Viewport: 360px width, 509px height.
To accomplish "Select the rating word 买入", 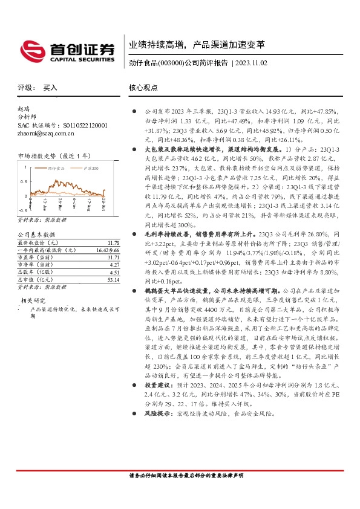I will click(50, 88).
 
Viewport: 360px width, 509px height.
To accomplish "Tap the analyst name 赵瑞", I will click(24, 109).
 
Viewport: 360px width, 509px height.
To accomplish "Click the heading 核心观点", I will click(143, 88).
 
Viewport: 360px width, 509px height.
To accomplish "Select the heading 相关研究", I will click(34, 300).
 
